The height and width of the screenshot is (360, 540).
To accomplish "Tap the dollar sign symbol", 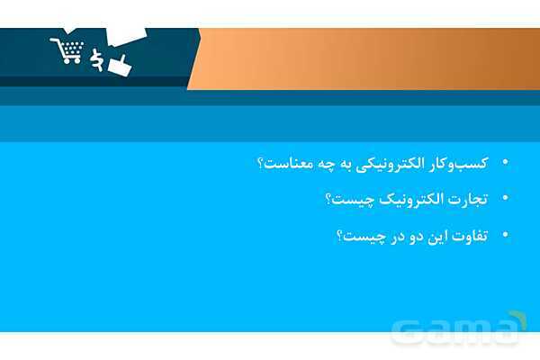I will (96, 59).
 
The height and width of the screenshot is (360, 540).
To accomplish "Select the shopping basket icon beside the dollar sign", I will (118, 65).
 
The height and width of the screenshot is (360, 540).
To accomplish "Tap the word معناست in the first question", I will (287, 164).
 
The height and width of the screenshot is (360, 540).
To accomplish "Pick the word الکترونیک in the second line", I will (409, 199).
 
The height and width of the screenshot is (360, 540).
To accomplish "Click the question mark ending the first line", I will (260, 164).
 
